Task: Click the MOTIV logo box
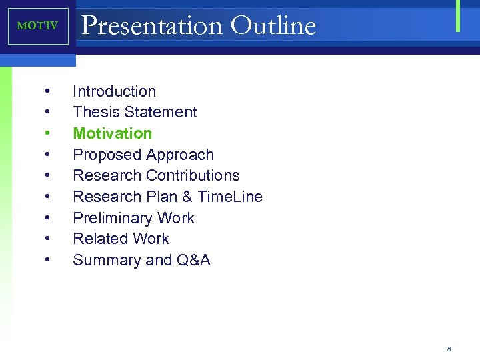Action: (38, 26)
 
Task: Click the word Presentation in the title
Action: (151, 25)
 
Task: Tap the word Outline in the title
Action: (273, 25)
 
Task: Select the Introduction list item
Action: (114, 91)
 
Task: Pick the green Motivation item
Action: (112, 133)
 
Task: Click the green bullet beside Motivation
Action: (48, 133)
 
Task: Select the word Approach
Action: (180, 155)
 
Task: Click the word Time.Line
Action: (230, 197)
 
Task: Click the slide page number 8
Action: (449, 349)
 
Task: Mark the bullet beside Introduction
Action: (48, 91)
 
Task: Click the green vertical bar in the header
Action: (458, 15)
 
